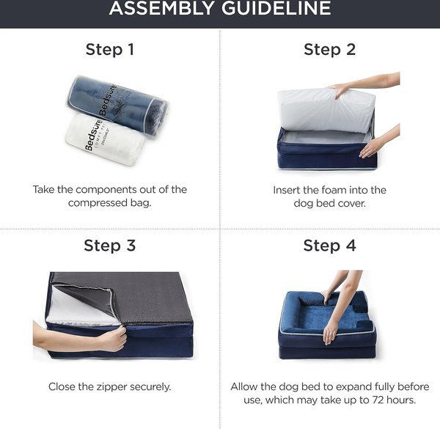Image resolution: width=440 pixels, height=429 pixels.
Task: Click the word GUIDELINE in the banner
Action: coord(276,8)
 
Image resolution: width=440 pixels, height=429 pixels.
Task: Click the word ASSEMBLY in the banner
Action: coord(161,8)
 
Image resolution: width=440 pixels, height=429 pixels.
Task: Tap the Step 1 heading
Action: coord(110,50)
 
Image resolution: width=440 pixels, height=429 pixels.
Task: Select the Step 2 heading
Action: coord(330,50)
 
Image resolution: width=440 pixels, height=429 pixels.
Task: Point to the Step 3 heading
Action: coord(110,246)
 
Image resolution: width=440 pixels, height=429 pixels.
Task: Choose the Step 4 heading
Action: coord(330,246)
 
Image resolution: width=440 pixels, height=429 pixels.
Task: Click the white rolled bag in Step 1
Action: coord(105,139)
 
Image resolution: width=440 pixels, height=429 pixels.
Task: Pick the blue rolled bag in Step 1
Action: coord(118,107)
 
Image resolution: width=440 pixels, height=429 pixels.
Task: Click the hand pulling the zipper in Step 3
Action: coord(113,339)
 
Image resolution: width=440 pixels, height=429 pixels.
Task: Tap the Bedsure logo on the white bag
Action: coord(93,135)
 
